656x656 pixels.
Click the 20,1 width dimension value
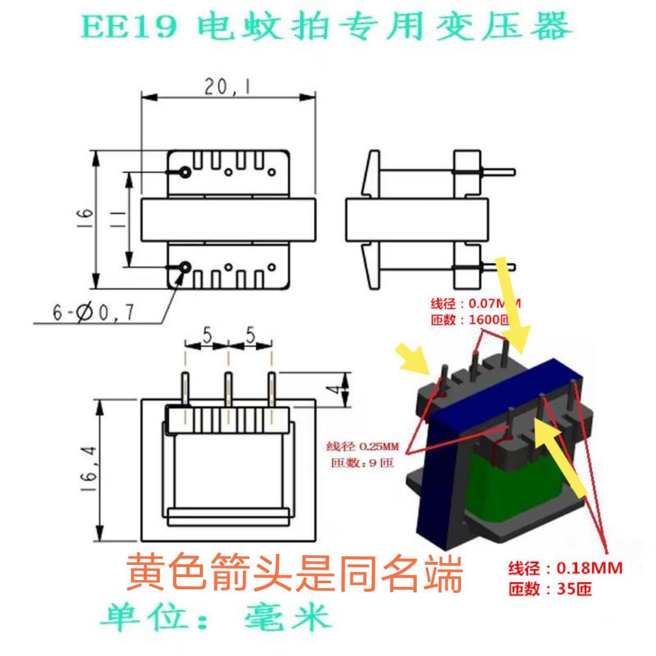228,89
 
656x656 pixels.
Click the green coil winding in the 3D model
516,492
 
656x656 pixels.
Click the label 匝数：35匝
550,589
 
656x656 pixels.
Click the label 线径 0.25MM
363,446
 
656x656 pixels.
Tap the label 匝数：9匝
363,463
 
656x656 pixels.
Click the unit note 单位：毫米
216,618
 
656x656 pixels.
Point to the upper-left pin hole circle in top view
185,173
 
